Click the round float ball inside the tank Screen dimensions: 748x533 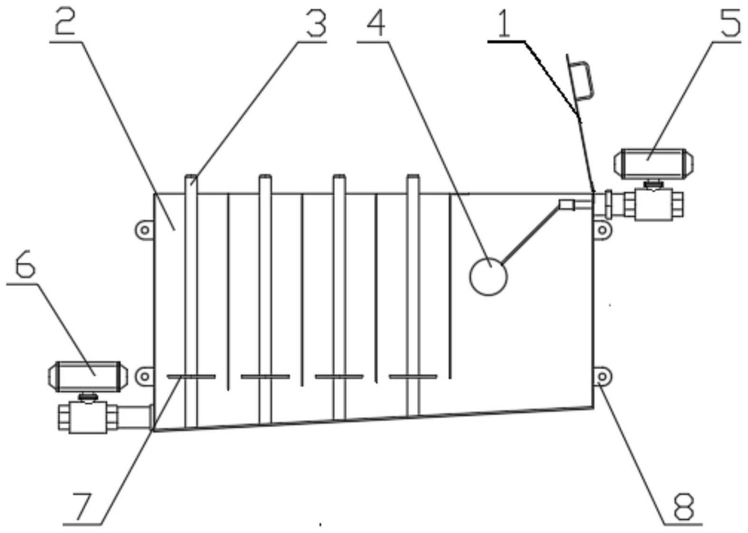coord(488,276)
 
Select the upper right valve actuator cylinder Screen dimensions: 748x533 coord(655,164)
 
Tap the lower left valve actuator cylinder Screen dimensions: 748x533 coord(88,376)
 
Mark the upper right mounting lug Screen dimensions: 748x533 coord(602,230)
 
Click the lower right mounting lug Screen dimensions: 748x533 coord(602,376)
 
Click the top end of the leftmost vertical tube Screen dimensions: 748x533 coord(191,180)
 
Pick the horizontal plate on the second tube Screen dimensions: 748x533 coord(265,377)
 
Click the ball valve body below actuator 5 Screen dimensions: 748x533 coord(653,204)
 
